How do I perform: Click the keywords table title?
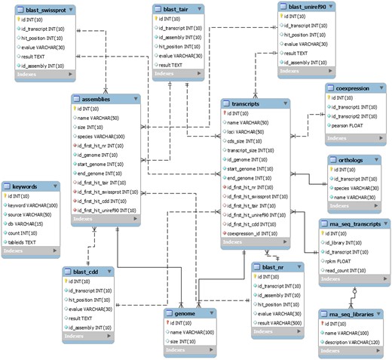tap(28, 186)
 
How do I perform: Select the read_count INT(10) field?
tap(350, 265)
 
